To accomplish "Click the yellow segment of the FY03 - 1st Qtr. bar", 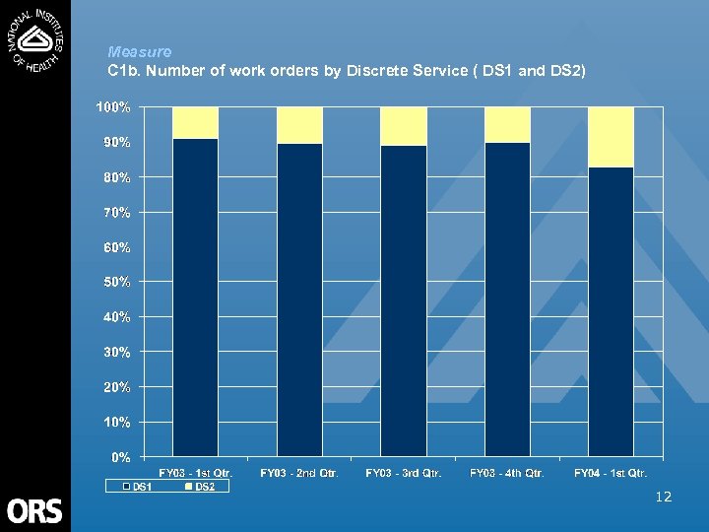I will click(x=195, y=122).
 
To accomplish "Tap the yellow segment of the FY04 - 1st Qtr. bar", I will click(x=611, y=137).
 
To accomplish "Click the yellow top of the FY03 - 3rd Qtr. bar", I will click(x=404, y=126).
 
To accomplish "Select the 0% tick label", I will click(x=120, y=457).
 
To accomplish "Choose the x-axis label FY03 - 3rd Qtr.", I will click(x=404, y=474).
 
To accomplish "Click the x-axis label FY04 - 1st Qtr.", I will click(x=611, y=474).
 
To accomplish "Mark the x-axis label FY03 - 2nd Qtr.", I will click(x=299, y=474).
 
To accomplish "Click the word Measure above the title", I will click(x=140, y=51).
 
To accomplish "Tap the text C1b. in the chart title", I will click(x=122, y=72).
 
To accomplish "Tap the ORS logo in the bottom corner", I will click(x=34, y=509).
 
